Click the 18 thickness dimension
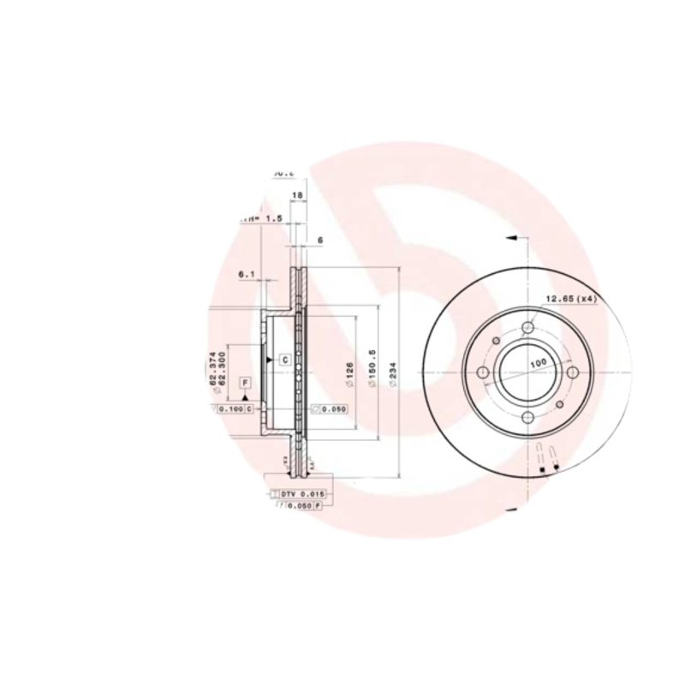(x=298, y=196)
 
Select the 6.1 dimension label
(x=247, y=274)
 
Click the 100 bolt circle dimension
(x=537, y=364)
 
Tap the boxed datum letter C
(x=283, y=360)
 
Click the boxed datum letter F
(x=245, y=382)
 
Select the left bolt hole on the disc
(x=484, y=372)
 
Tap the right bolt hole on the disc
(x=571, y=372)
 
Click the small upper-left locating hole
(x=497, y=342)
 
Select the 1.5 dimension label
(x=272, y=218)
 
